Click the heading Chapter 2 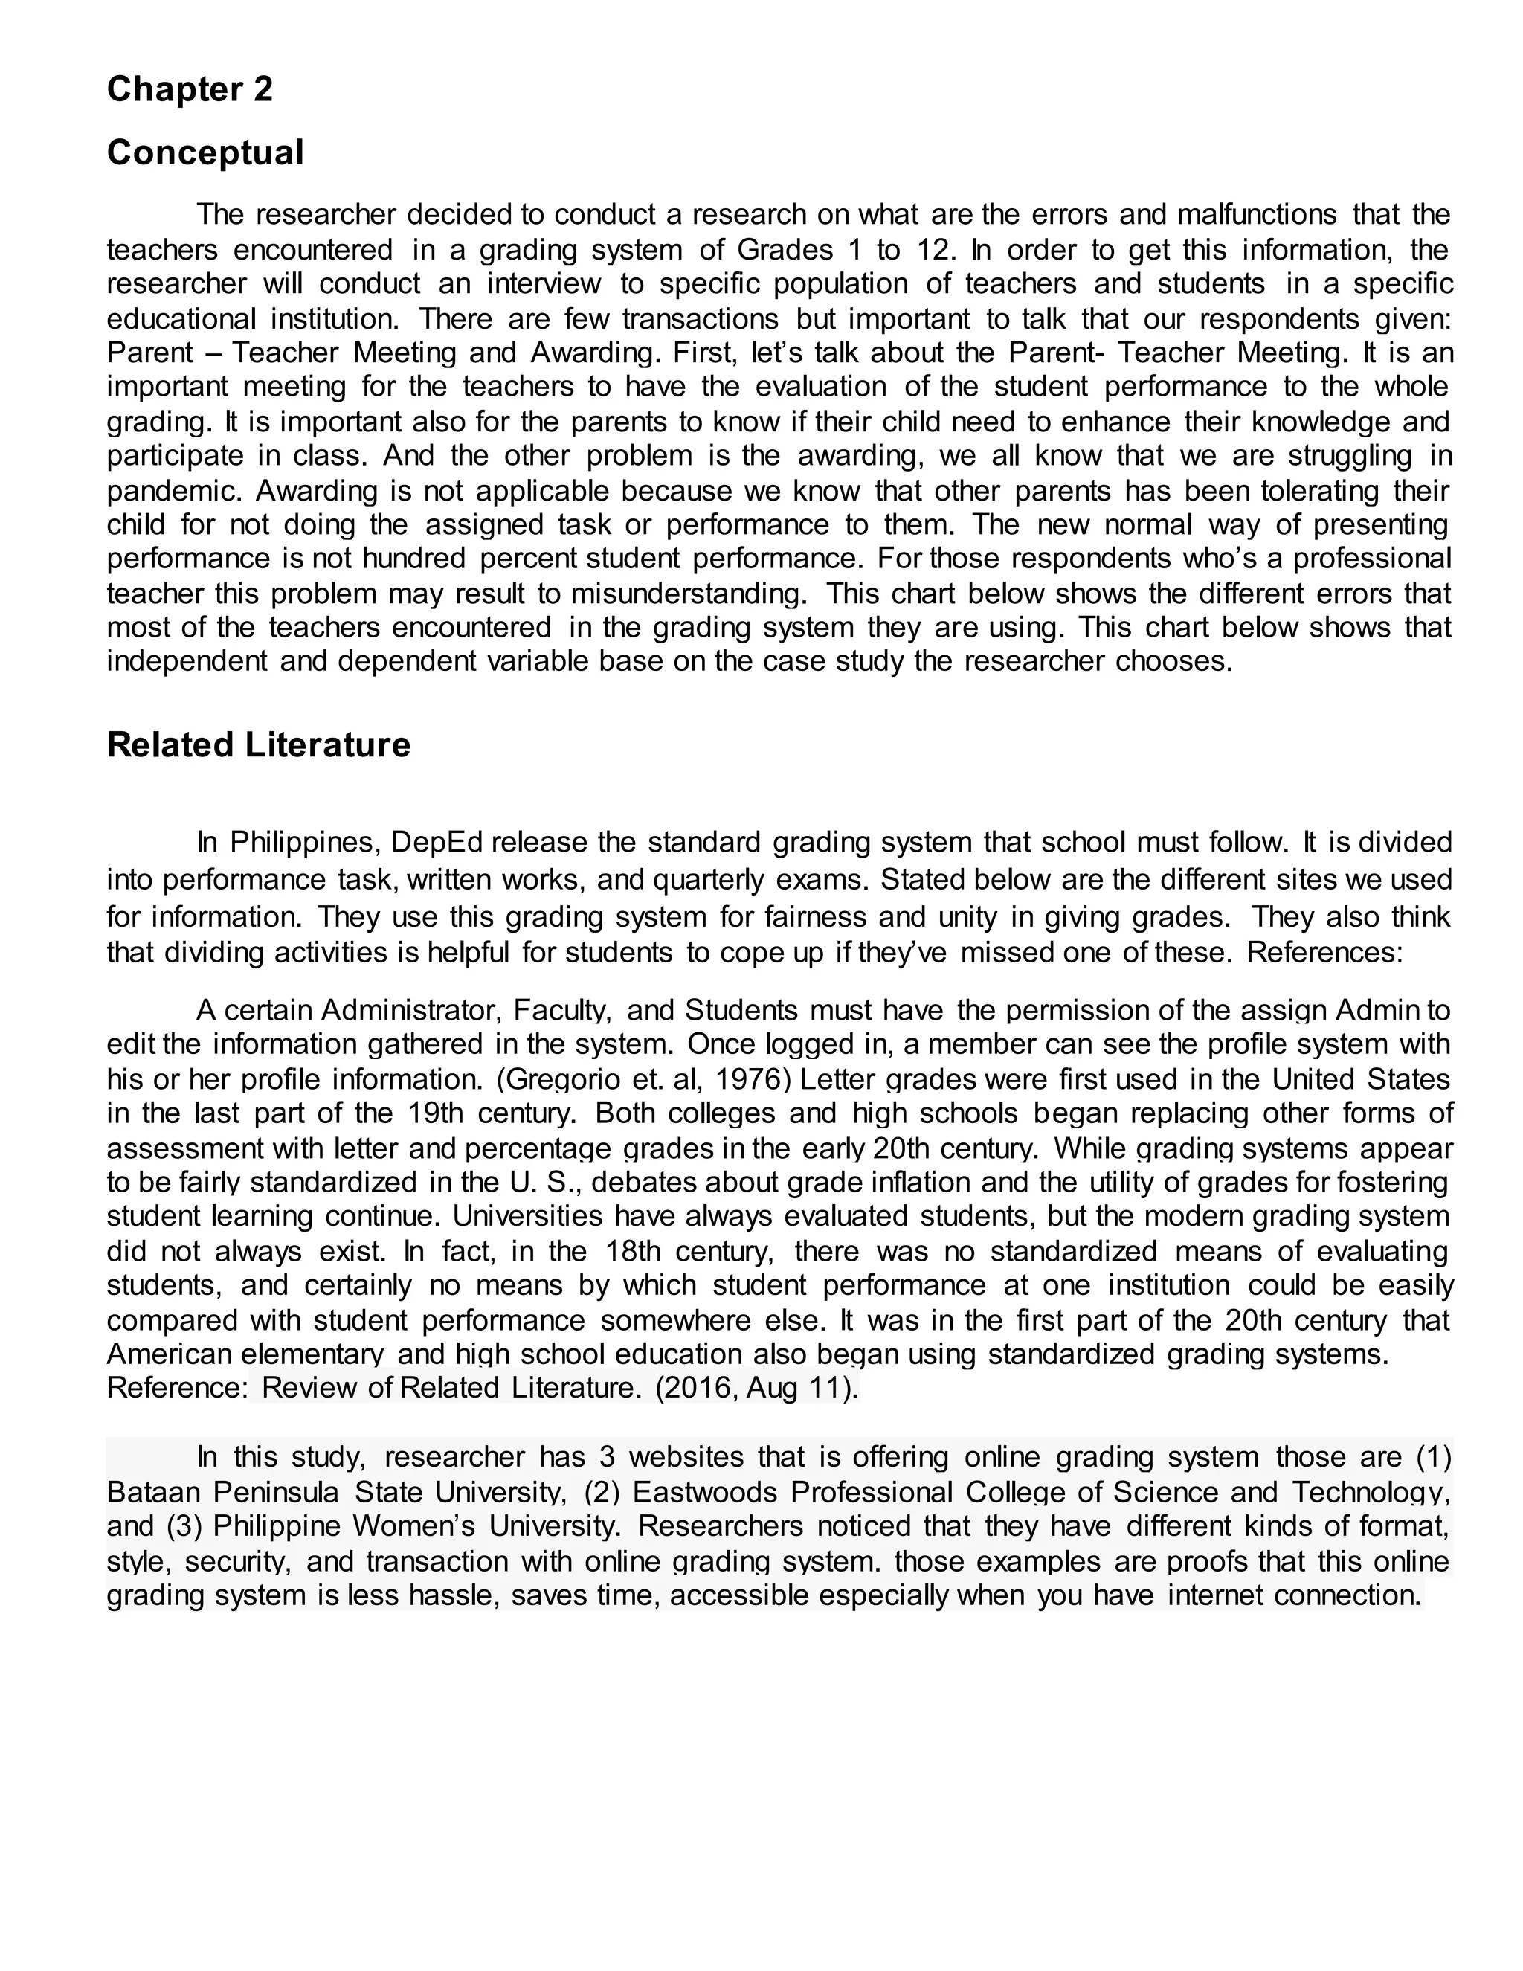(x=190, y=89)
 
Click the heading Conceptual (x=205, y=152)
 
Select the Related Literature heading (x=258, y=745)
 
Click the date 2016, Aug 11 (x=754, y=1387)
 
